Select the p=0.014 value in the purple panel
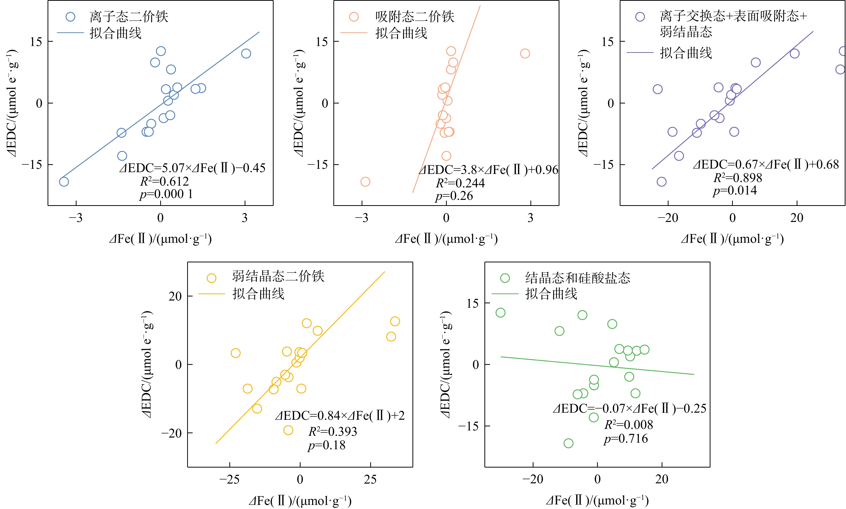coord(735,190)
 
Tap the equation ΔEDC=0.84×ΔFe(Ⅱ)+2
coord(340,416)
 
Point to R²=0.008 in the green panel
coord(629,425)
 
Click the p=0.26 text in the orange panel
coord(454,196)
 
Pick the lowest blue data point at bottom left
coord(64,182)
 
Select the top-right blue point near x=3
coord(246,53)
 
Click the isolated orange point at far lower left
coord(365,182)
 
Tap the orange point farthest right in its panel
coord(525,53)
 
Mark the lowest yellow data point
coord(288,430)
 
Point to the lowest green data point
coord(569,443)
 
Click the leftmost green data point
coord(500,312)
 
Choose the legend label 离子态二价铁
coord(129,17)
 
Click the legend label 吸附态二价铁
coord(415,17)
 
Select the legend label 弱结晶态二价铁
coord(278,276)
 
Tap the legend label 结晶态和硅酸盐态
coord(578,278)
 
